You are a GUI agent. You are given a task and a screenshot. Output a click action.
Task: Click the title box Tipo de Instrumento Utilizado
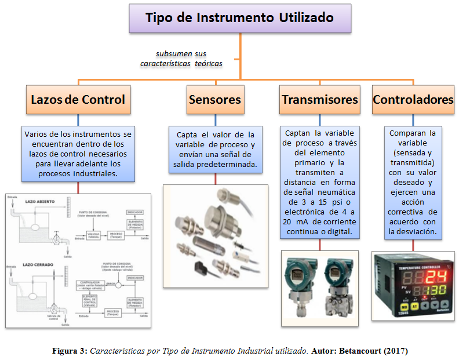coord(240,19)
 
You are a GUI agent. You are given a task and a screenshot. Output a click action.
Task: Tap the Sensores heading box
coord(214,99)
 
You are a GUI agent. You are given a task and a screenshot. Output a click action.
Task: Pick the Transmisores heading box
coord(319,99)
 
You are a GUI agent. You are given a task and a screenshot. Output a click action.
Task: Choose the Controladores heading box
coord(413,99)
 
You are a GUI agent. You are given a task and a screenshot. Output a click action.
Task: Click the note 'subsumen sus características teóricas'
coord(181,59)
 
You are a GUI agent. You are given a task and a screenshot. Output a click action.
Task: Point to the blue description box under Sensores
coord(216,150)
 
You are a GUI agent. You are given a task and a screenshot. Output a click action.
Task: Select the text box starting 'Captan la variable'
coord(319,181)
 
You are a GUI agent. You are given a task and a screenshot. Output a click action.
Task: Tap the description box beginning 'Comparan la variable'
coord(413,181)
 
